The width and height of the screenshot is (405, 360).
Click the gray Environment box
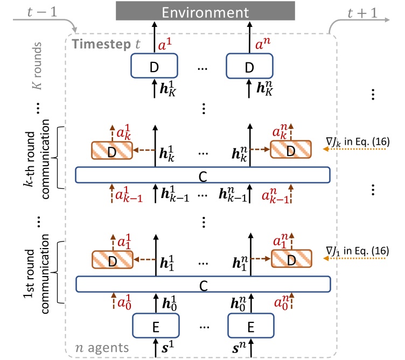(205, 10)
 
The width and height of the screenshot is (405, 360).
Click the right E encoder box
(249, 324)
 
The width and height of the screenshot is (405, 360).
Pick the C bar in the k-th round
(202, 175)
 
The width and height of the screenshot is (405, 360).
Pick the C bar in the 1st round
(202, 285)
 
